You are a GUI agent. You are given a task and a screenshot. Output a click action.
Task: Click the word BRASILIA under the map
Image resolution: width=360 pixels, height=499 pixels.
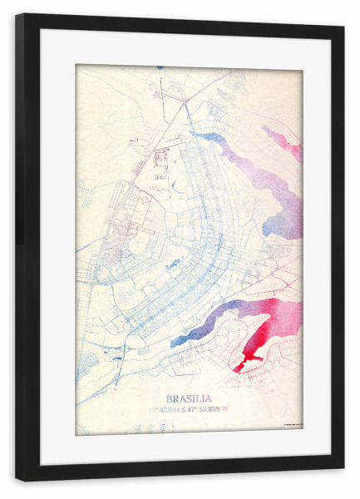[x=189, y=398]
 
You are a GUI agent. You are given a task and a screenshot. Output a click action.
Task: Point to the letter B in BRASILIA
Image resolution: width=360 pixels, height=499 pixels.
[x=170, y=398]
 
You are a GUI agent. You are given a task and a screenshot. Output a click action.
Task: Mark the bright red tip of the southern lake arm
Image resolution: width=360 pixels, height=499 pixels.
[x=240, y=366]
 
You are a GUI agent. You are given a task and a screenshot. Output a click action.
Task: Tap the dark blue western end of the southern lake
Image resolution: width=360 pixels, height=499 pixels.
[x=175, y=341]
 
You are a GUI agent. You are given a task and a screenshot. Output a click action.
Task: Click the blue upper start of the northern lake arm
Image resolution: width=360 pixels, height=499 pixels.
[x=200, y=134]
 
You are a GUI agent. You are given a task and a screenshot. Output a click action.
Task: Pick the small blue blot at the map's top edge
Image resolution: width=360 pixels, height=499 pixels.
[x=160, y=68]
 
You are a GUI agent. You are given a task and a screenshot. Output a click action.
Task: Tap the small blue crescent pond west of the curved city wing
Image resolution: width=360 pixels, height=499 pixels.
[x=172, y=264]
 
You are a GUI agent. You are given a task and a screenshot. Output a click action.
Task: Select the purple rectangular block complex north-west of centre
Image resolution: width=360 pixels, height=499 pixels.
[x=160, y=160]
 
